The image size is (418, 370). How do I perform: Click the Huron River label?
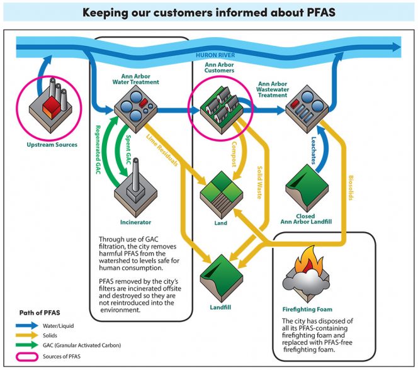coord(215,55)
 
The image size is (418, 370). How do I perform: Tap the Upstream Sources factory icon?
coord(50,105)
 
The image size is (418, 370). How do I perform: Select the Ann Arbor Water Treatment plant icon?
coord(136,109)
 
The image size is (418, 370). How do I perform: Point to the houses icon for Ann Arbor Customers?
coord(222,109)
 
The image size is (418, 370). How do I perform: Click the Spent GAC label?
coord(128,150)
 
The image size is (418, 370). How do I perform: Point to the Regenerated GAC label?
coord(98,150)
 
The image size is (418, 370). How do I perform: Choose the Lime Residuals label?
coord(162,150)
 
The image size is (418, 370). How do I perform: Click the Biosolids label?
coord(351,188)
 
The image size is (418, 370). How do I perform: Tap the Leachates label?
coord(313,150)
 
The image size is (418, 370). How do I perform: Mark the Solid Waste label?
coord(259,182)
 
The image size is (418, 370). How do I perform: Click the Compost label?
coord(234,154)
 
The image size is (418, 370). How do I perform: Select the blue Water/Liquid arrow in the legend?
coord(27,325)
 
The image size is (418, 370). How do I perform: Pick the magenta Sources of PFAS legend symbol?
coord(27,357)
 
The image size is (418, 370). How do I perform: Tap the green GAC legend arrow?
coord(27,345)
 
